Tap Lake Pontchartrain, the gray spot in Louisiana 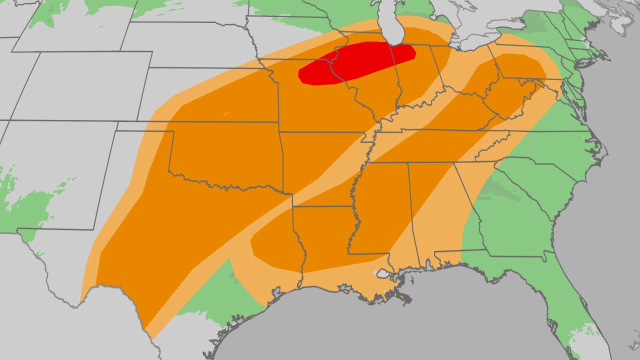(382, 274)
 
